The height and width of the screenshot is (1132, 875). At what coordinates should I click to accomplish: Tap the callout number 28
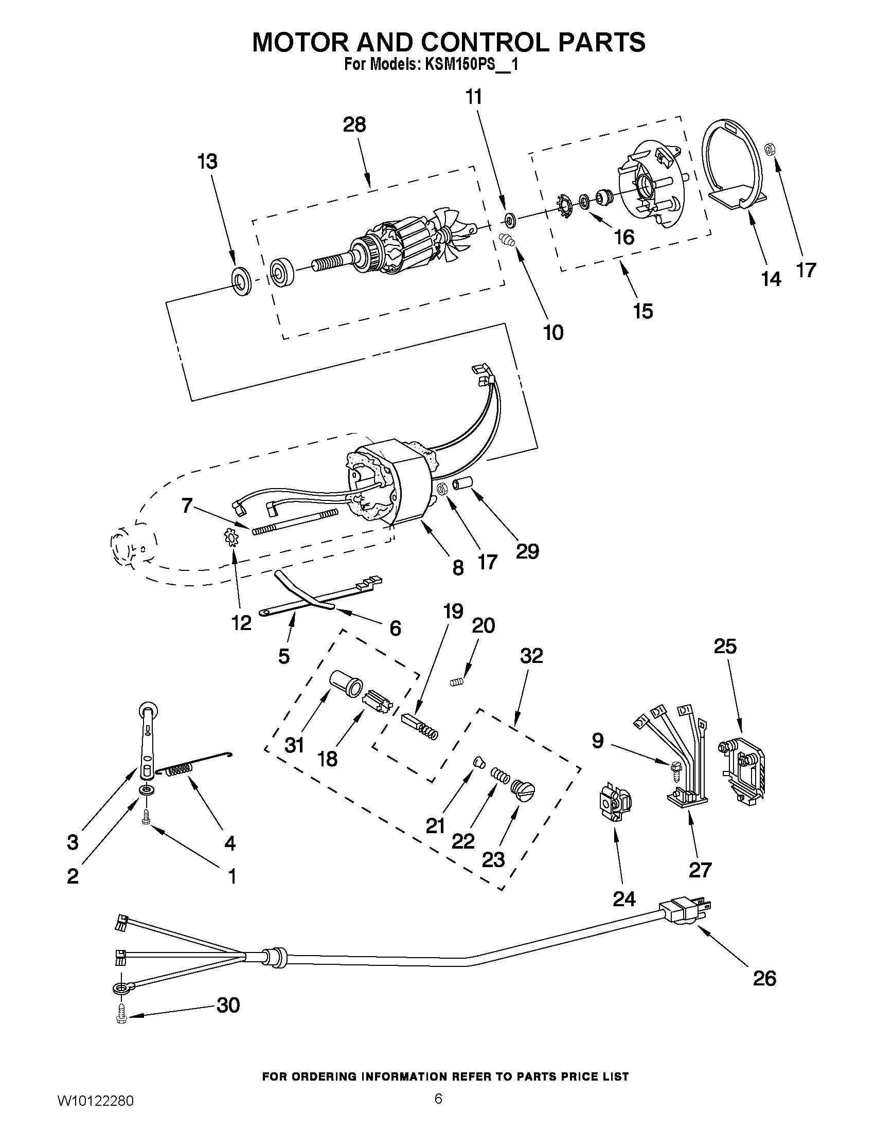point(354,125)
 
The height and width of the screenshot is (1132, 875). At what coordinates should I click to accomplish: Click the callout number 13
point(207,161)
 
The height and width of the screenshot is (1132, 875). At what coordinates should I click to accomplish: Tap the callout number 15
point(643,311)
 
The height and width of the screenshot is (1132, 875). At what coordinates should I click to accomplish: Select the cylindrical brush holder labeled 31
point(347,687)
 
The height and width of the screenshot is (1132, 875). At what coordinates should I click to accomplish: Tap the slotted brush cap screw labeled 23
point(523,790)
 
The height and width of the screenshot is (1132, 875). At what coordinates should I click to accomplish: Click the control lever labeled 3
point(148,741)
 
